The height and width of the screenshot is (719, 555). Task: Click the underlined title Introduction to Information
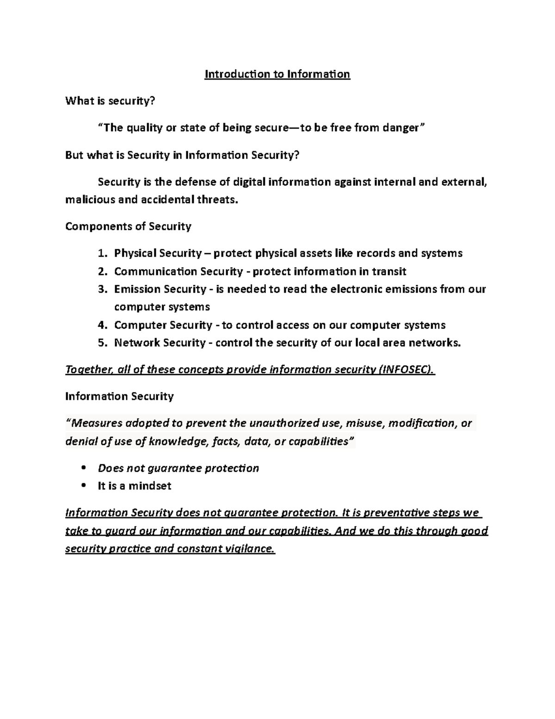click(x=277, y=74)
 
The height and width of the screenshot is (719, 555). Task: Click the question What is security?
click(x=110, y=101)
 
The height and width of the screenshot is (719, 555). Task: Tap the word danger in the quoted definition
click(x=400, y=128)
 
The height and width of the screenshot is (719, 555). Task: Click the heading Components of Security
click(x=128, y=226)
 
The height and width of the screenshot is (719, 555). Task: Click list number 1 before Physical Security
click(x=102, y=253)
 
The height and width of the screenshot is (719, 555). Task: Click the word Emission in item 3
click(x=135, y=289)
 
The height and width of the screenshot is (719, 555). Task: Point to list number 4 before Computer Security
click(x=102, y=325)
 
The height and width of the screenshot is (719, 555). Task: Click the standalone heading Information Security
click(x=119, y=396)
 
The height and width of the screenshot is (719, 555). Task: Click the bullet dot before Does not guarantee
click(x=84, y=468)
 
